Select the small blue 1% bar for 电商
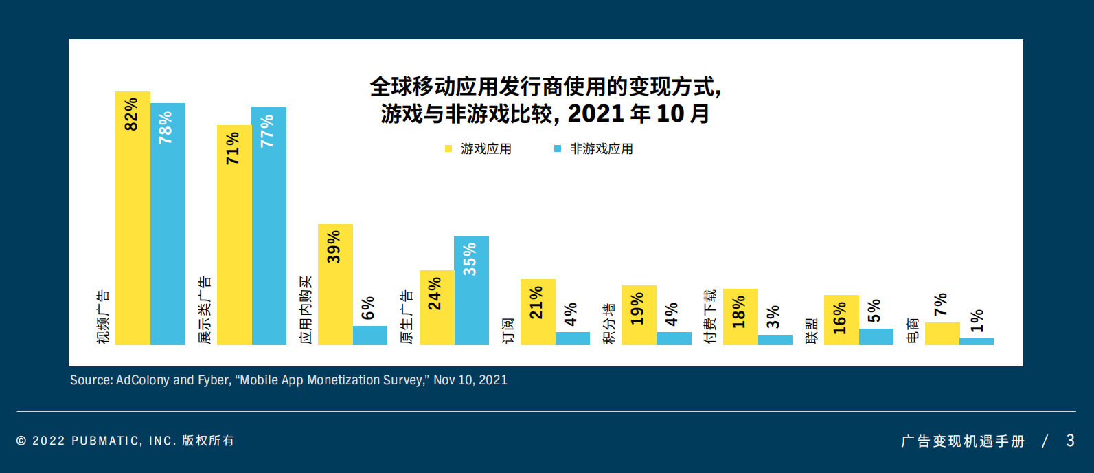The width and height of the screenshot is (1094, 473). tap(977, 341)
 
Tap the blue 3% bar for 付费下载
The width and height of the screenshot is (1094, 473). tap(775, 340)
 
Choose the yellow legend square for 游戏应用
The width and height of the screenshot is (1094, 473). tap(448, 148)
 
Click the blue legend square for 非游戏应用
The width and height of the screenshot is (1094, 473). tap(558, 148)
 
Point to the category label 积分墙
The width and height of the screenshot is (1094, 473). tap(608, 323)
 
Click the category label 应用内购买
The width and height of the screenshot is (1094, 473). tap(305, 309)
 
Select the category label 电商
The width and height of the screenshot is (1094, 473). tap(912, 330)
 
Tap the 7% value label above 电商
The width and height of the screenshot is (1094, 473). tap(941, 304)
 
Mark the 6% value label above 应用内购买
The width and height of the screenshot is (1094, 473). tap(369, 308)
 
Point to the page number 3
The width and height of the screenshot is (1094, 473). tap(1070, 441)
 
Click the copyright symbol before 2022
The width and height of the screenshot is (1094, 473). tap(21, 441)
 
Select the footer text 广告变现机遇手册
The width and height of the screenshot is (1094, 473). tap(962, 441)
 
